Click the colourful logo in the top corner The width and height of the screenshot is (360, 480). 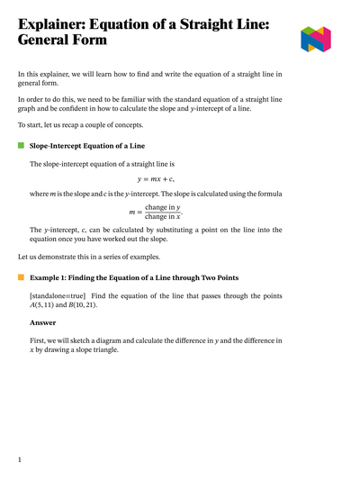click(x=316, y=39)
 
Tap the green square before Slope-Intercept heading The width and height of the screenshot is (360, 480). click(x=21, y=145)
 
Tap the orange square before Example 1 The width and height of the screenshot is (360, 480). click(x=21, y=277)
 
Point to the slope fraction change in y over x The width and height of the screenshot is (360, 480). click(x=162, y=213)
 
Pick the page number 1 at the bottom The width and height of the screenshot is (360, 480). click(x=20, y=459)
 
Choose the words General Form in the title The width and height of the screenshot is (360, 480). click(x=62, y=41)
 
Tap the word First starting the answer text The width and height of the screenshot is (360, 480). click(x=39, y=340)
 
